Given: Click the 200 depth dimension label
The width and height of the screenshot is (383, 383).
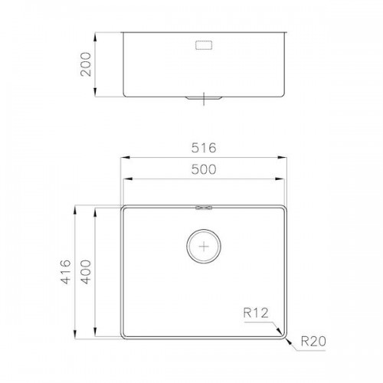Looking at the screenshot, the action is [x=86, y=64].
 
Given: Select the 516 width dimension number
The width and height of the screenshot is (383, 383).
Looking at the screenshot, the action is [x=204, y=148].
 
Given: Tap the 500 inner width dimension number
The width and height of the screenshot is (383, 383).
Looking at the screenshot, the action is [x=204, y=169].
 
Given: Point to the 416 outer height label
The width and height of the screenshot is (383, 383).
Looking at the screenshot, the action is [x=65, y=272].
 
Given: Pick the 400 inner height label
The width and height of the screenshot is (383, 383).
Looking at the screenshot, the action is [x=86, y=272].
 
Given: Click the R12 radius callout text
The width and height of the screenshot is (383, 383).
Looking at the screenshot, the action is [x=256, y=313].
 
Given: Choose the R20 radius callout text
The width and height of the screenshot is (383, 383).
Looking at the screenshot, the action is [x=313, y=341].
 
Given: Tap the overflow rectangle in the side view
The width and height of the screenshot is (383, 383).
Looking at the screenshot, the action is [x=204, y=45].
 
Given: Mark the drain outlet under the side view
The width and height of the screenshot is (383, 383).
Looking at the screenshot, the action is [x=204, y=98].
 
